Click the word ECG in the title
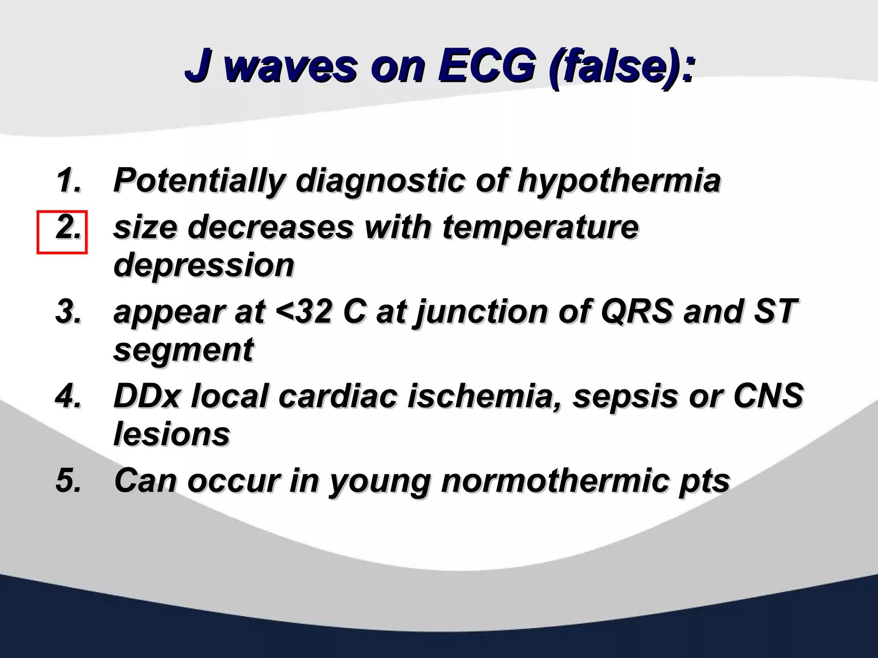tap(486, 66)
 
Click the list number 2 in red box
tap(68, 228)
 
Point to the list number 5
tap(69, 480)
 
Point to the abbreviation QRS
tap(637, 312)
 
